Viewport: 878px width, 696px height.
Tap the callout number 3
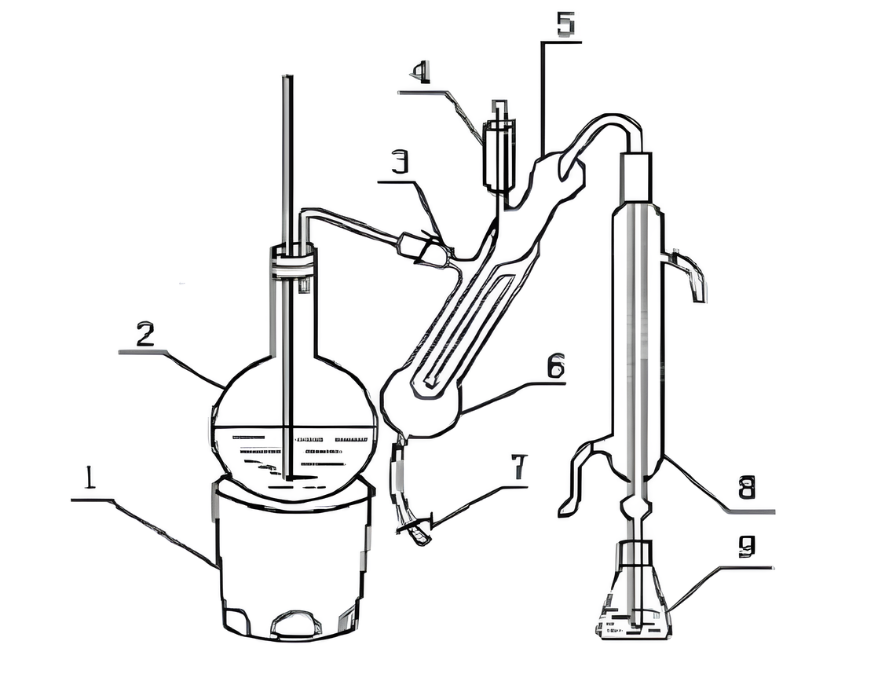(x=399, y=163)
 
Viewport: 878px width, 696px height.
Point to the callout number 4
(x=420, y=73)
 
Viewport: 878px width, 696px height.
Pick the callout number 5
(x=565, y=24)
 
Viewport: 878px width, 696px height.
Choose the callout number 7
(x=519, y=468)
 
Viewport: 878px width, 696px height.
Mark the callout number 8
(x=746, y=488)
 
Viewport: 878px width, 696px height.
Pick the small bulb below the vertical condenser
(x=635, y=507)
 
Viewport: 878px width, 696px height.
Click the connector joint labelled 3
(x=424, y=247)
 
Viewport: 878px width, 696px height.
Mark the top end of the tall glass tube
(x=288, y=75)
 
